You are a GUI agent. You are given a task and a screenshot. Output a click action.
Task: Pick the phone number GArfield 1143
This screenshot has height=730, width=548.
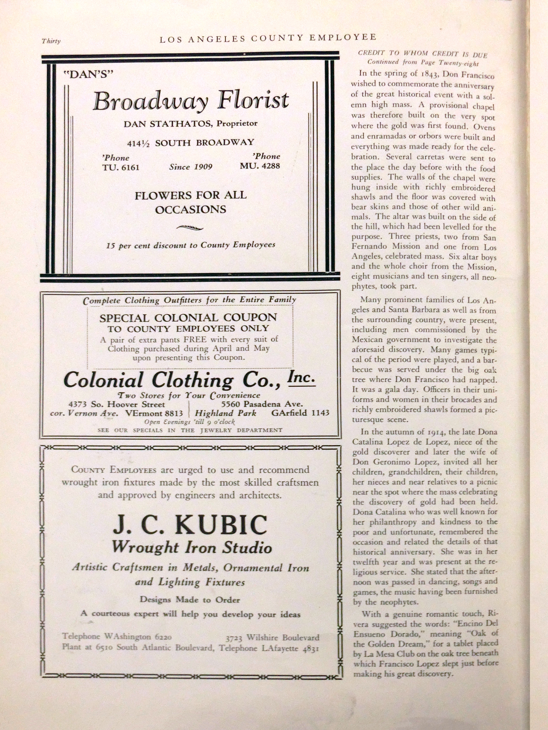tap(300, 413)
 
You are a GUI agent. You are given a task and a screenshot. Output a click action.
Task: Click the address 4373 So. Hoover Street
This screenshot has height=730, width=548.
tap(117, 404)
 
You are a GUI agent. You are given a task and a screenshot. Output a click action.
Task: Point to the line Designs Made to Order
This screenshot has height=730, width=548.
tap(190, 600)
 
